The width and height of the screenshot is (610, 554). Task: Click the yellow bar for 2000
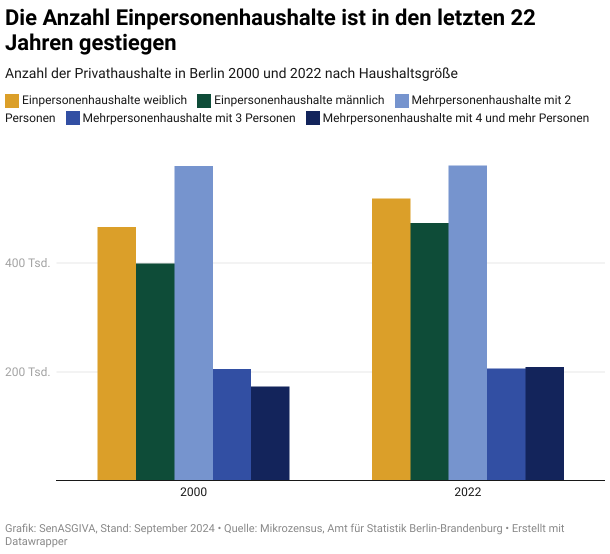pyautogui.click(x=116, y=353)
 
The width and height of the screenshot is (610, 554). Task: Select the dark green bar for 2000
pyautogui.click(x=155, y=371)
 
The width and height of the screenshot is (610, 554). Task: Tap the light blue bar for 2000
pyautogui.click(x=193, y=323)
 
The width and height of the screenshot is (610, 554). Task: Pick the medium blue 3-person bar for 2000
pyautogui.click(x=232, y=424)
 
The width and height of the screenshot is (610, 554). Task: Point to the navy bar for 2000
pyautogui.click(x=270, y=433)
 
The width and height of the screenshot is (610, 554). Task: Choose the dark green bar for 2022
pyautogui.click(x=429, y=351)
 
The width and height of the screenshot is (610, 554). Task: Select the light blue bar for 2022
pyautogui.click(x=467, y=323)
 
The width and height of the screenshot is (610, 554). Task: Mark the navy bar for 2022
pyautogui.click(x=544, y=423)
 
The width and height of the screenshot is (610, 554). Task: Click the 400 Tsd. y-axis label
pyautogui.click(x=28, y=263)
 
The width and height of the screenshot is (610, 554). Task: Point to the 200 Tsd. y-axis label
pyautogui.click(x=28, y=372)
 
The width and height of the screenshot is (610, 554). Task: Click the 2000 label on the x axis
pyautogui.click(x=193, y=492)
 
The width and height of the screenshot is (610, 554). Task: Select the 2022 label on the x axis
pyautogui.click(x=467, y=492)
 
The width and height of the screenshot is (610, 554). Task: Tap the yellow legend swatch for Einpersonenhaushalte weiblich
pyautogui.click(x=12, y=100)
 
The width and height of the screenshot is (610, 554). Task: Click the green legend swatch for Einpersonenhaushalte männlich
pyautogui.click(x=204, y=100)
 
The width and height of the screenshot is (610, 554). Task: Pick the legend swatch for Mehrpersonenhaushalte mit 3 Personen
pyautogui.click(x=73, y=118)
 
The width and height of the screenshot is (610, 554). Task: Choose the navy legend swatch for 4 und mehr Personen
pyautogui.click(x=313, y=118)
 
